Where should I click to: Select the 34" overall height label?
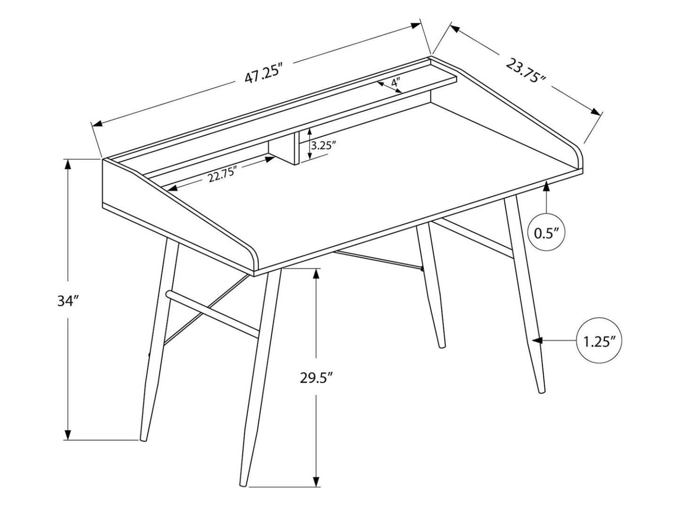pos(67,301)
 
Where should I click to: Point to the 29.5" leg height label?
pos(316,378)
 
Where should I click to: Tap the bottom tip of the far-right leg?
pos(541,390)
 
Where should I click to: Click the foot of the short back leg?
pos(441,346)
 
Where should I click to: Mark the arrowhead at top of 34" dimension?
pos(68,163)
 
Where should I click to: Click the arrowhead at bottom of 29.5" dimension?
pos(316,482)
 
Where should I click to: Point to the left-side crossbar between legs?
pos(211,312)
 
